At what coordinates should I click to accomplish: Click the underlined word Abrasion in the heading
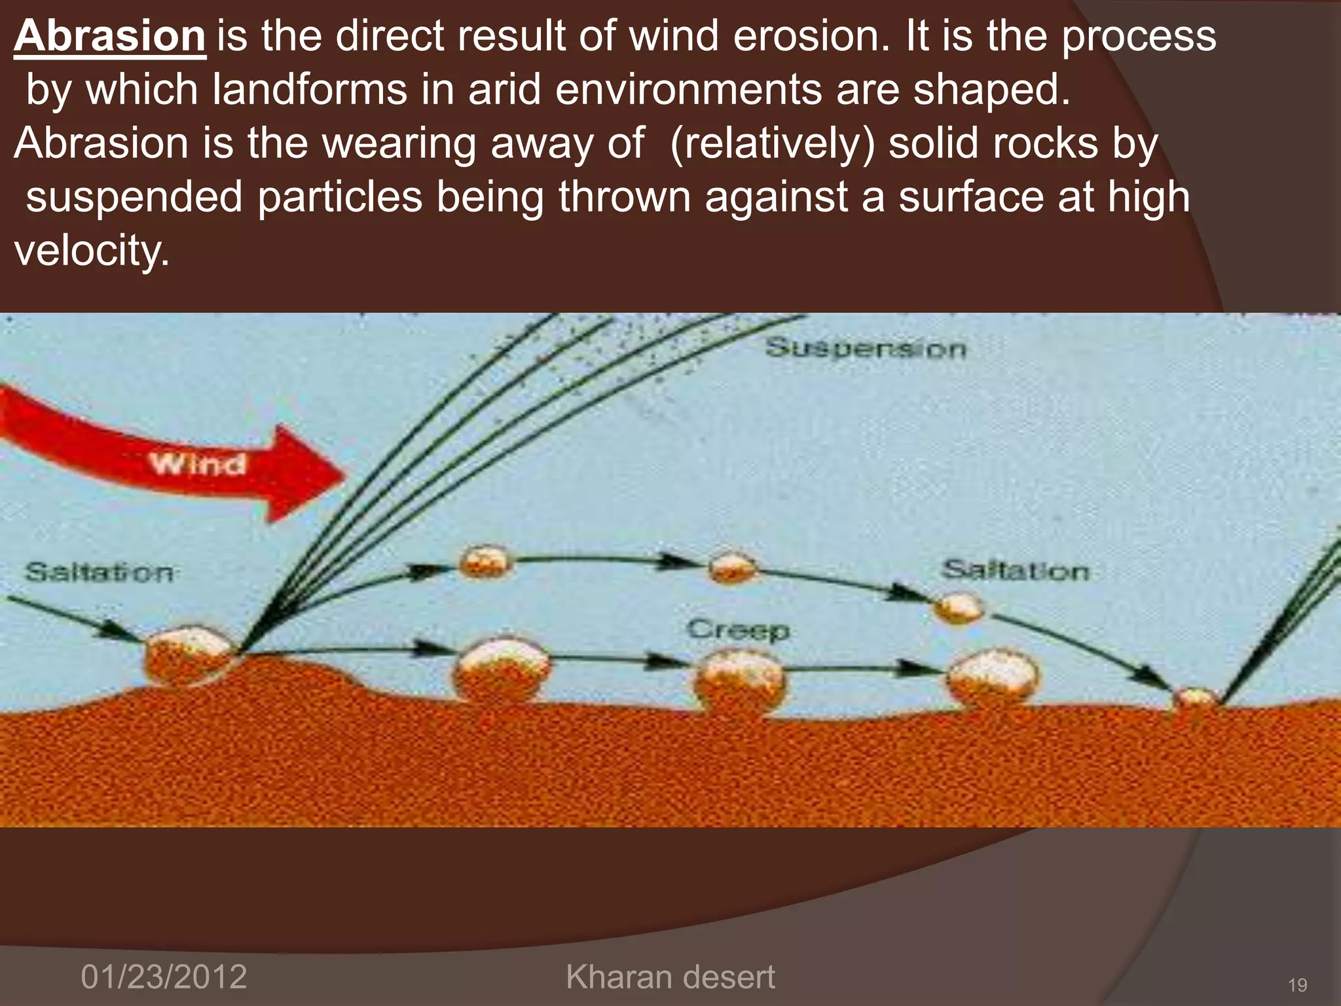pyautogui.click(x=110, y=36)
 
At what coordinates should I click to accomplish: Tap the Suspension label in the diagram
pyautogui.click(x=866, y=348)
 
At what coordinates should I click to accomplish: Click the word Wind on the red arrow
pyautogui.click(x=198, y=464)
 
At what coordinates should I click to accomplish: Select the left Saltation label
pyautogui.click(x=100, y=572)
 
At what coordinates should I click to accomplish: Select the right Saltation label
pyautogui.click(x=1016, y=570)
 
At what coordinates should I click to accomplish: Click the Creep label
pyautogui.click(x=739, y=629)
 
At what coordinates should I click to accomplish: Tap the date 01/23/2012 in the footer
pyautogui.click(x=164, y=977)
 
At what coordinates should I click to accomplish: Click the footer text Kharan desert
pyautogui.click(x=670, y=977)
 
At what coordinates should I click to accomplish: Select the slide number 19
pyautogui.click(x=1297, y=984)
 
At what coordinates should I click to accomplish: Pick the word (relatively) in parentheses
pyautogui.click(x=772, y=143)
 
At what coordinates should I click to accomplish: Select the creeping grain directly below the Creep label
pyautogui.click(x=739, y=681)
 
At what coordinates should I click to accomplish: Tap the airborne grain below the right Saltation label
pyautogui.click(x=958, y=607)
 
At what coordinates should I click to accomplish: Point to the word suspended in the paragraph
pyautogui.click(x=134, y=197)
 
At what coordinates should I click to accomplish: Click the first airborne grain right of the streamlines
pyautogui.click(x=485, y=562)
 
